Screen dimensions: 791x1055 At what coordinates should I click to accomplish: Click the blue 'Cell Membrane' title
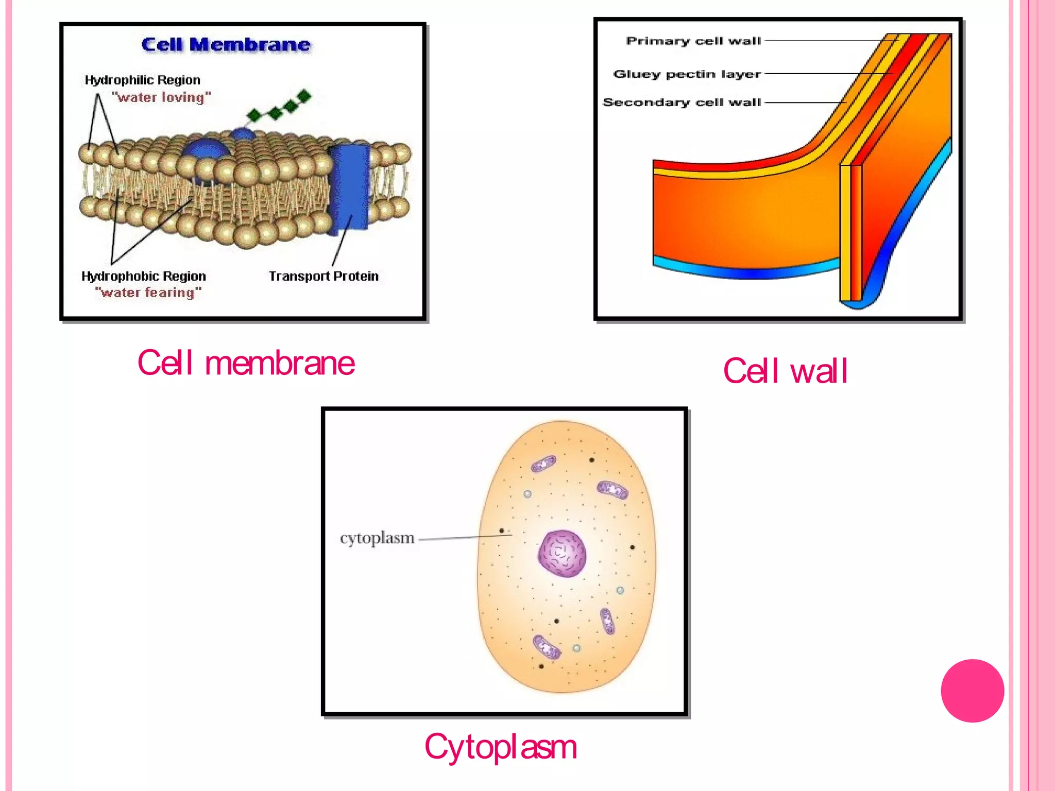[226, 45]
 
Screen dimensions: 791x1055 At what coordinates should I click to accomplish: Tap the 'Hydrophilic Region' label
[142, 80]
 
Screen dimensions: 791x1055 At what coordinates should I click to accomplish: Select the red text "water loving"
[161, 97]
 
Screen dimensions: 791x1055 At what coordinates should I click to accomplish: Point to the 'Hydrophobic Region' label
[144, 276]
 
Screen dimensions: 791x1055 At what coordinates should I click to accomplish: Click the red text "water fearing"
[148, 293]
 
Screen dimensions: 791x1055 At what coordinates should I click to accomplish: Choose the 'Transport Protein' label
[324, 276]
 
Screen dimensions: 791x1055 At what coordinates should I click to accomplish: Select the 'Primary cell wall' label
[693, 41]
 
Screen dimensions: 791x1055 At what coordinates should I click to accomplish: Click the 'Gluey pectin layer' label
[687, 74]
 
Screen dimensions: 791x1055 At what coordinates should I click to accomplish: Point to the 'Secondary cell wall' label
[682, 102]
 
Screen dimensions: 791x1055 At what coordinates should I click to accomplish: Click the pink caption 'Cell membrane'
[246, 363]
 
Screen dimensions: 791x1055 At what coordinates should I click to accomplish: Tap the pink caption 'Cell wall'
[785, 371]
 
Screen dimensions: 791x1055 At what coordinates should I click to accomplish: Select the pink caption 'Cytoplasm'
[500, 747]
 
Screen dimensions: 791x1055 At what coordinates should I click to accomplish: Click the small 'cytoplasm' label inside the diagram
[377, 538]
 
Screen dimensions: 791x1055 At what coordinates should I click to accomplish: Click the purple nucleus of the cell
[562, 554]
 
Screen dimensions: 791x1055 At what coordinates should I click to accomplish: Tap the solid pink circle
[972, 691]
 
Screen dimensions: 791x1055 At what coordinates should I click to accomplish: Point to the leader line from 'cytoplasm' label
[464, 538]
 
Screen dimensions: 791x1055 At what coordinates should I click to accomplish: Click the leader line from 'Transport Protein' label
[342, 241]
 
